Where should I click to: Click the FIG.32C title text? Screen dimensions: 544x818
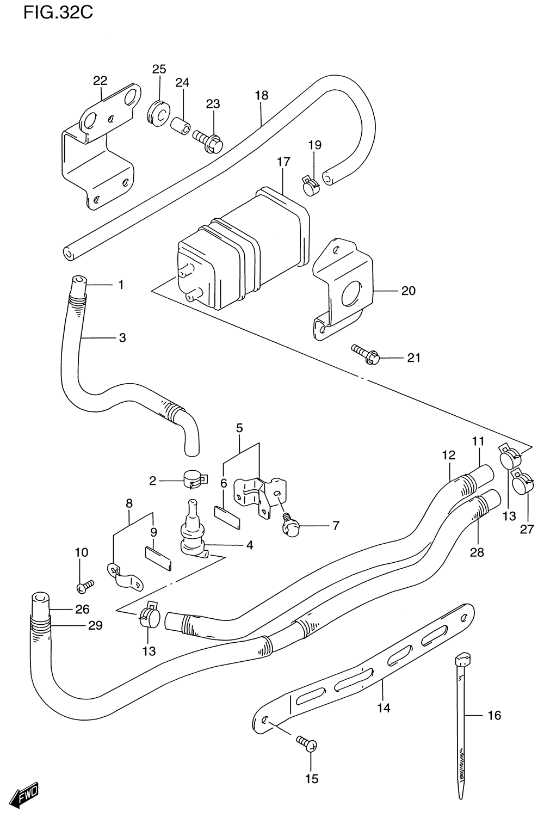tap(58, 13)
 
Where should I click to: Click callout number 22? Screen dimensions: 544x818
tap(100, 81)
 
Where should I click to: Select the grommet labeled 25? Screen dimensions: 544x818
tap(159, 113)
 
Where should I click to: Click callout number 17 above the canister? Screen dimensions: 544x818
tap(283, 162)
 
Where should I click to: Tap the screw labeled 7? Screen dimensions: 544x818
tap(291, 525)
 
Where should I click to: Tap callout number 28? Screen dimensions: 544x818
tap(477, 552)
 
